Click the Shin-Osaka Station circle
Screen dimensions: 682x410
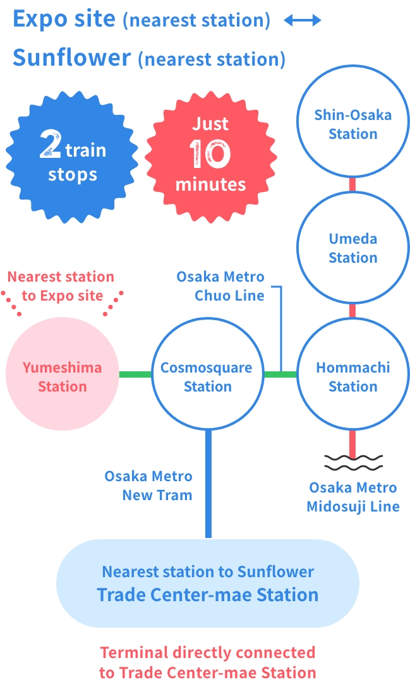pyautogui.click(x=353, y=124)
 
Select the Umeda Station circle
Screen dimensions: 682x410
pyautogui.click(x=353, y=248)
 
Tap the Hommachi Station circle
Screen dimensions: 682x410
pyautogui.click(x=353, y=376)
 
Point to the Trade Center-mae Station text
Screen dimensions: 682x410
pyautogui.click(x=207, y=594)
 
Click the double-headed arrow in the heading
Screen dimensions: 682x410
pyautogui.click(x=303, y=21)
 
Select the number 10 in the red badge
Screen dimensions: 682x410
pyautogui.click(x=210, y=153)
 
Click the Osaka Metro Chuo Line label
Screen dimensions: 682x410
pyautogui.click(x=220, y=286)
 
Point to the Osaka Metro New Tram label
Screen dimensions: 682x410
pyautogui.click(x=148, y=486)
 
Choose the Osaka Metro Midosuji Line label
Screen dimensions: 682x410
pyautogui.click(x=353, y=497)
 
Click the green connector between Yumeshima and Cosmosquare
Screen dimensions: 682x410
pyautogui.click(x=135, y=374)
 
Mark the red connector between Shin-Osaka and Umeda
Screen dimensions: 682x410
pyautogui.click(x=353, y=184)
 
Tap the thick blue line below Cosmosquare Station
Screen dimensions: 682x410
pyautogui.click(x=208, y=483)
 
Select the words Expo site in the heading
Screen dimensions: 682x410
pyautogui.click(x=64, y=19)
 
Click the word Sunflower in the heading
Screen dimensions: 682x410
pyautogui.click(x=71, y=58)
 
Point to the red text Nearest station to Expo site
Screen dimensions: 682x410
pyautogui.click(x=61, y=286)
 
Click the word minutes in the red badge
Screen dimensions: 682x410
pyautogui.click(x=210, y=184)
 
